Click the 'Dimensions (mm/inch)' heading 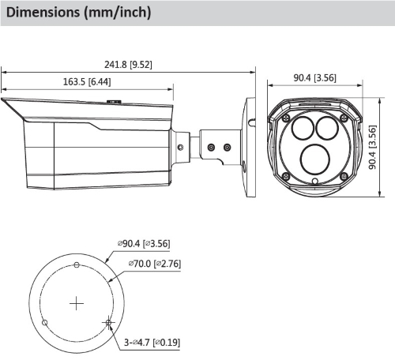(x=78, y=13)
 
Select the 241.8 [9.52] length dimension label (x=128, y=65)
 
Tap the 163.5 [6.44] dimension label (x=87, y=81)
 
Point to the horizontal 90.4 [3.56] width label (x=314, y=77)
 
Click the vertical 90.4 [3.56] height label (x=372, y=148)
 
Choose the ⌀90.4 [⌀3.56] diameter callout (x=144, y=243)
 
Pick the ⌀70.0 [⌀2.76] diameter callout (x=155, y=264)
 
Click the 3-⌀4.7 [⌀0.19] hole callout (x=152, y=343)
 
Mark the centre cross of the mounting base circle (x=77, y=303)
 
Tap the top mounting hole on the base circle (x=77, y=264)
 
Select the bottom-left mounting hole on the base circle (x=45, y=322)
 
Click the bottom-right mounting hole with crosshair (x=108, y=322)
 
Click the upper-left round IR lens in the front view (x=303, y=128)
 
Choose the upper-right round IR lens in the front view (x=327, y=128)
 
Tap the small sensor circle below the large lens (x=315, y=181)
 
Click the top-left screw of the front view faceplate (x=286, y=118)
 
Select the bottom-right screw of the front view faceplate (x=344, y=177)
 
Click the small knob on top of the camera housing (x=114, y=101)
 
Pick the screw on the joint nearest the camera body (x=181, y=147)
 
